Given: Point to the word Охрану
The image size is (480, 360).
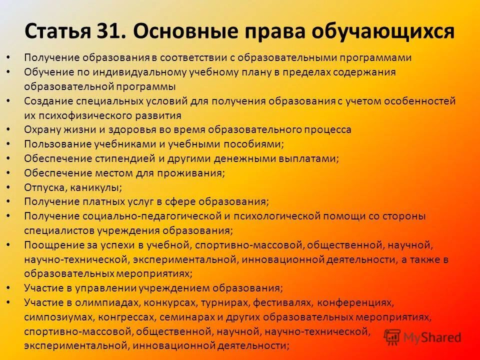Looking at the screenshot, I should [x=41, y=129].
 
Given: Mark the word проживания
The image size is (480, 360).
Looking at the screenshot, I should [x=195, y=173].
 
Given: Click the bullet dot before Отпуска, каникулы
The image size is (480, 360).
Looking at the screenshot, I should [x=9, y=187].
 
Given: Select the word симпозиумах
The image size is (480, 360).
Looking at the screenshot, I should [x=53, y=317].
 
